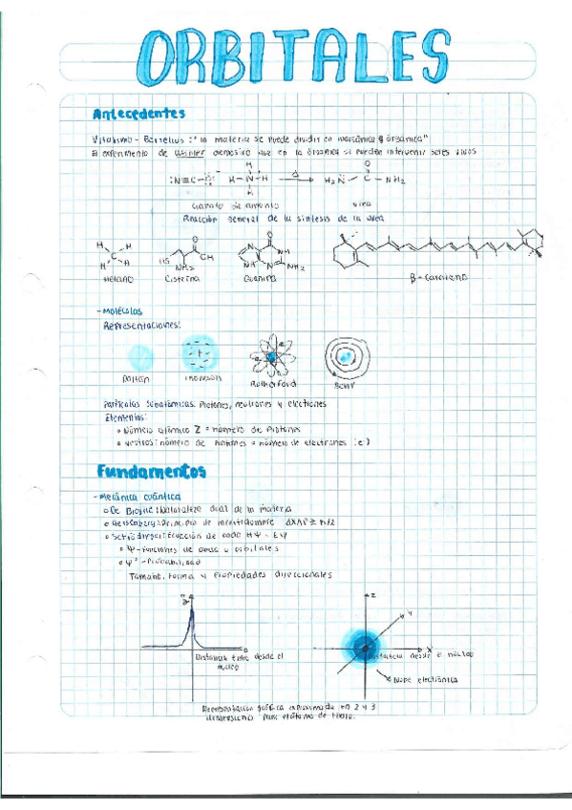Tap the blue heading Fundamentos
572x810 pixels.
pos(151,471)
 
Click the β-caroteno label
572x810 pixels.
pos(435,277)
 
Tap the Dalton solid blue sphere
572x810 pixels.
pos(140,356)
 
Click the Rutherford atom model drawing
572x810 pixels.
pos(270,357)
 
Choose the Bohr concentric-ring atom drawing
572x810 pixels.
pos(344,357)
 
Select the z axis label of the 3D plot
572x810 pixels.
pos(374,595)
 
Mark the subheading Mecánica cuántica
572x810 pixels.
pos(141,497)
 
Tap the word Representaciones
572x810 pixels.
pos(141,325)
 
